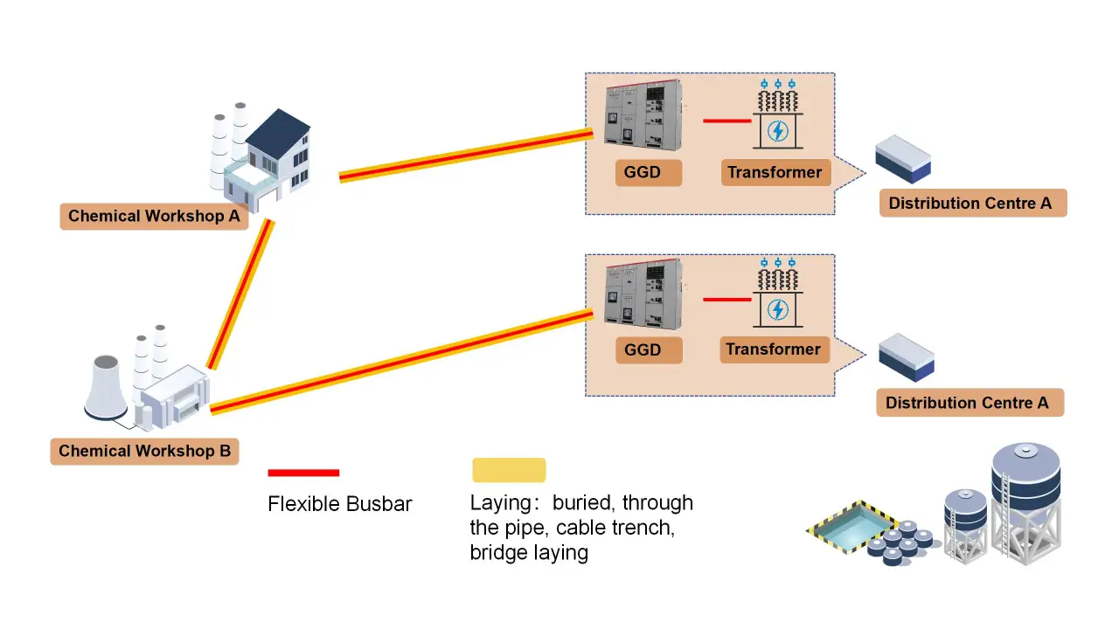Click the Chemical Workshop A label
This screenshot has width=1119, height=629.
pos(154,217)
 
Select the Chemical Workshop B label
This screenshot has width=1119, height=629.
pos(144,452)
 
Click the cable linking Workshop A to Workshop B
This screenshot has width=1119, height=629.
pos(241,294)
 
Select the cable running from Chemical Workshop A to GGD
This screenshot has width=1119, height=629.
pos(465,156)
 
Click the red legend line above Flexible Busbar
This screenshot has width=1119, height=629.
pos(303,473)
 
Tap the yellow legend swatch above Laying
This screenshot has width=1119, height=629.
pos(509,470)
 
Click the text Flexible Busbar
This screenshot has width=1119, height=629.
pos(339,504)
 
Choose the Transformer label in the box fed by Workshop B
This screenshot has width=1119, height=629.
pos(773,349)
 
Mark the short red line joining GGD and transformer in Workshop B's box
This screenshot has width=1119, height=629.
pos(726,300)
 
